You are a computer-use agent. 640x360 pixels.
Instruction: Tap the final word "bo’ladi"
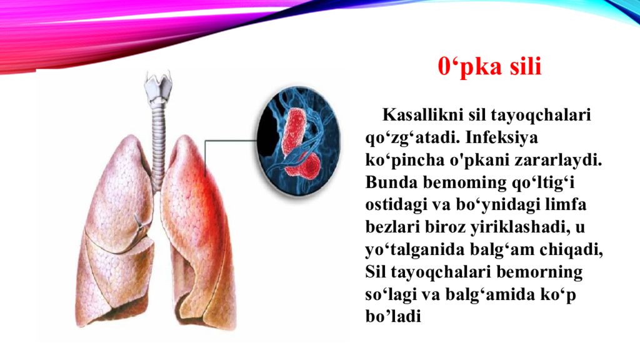[x=392, y=317]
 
